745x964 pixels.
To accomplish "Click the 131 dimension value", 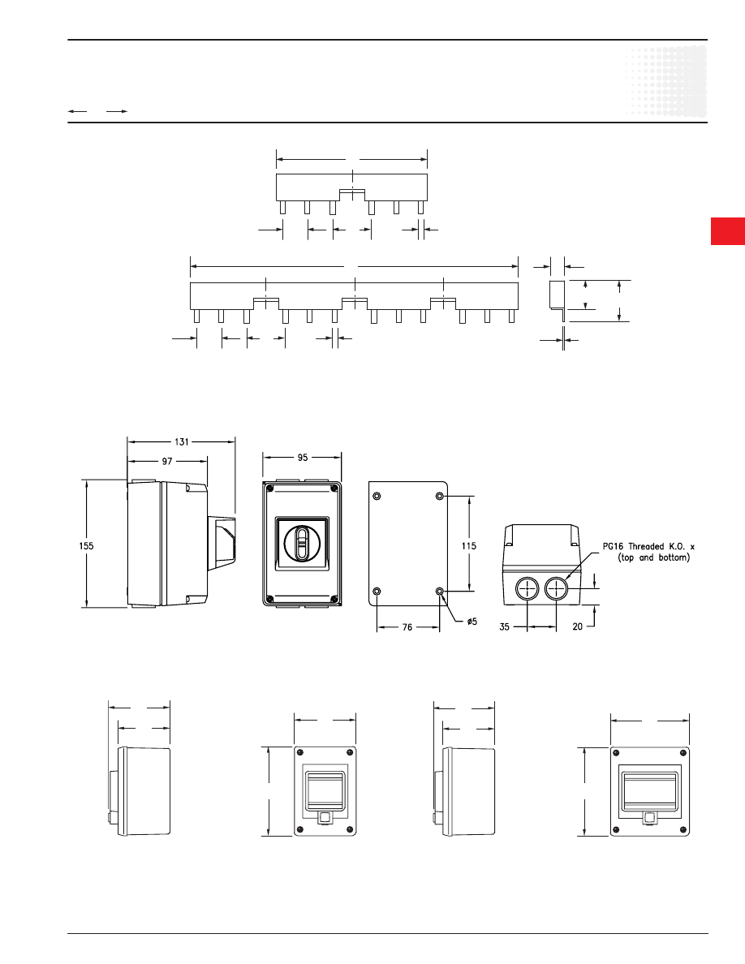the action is coord(181,441).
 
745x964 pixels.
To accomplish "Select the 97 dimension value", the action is coord(167,460).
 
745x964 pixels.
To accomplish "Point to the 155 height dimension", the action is coord(87,545).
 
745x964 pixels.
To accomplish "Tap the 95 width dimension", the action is coord(303,458).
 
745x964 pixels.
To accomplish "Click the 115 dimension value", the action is coord(469,545).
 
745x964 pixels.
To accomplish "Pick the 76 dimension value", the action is coord(407,627).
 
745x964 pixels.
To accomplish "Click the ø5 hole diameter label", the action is coord(472,622).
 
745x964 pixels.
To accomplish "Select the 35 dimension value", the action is coord(505,627).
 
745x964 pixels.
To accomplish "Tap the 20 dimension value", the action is coord(577,626).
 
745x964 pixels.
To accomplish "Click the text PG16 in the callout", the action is coord(613,546).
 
